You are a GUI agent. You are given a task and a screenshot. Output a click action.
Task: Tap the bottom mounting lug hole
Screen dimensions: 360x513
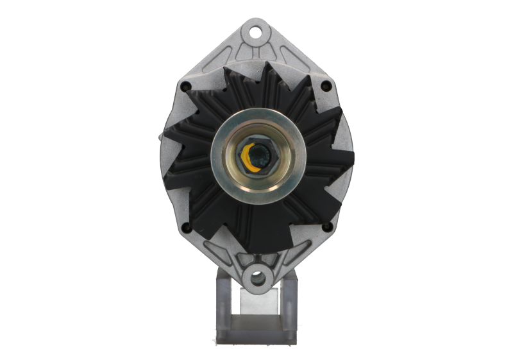[x=256, y=278]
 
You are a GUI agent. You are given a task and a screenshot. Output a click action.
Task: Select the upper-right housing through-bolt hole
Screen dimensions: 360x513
[x=328, y=85]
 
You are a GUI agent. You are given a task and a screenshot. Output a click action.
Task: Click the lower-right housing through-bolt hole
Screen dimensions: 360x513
[x=328, y=227]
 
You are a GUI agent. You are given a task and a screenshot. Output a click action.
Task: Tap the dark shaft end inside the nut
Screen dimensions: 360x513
[x=258, y=155]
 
